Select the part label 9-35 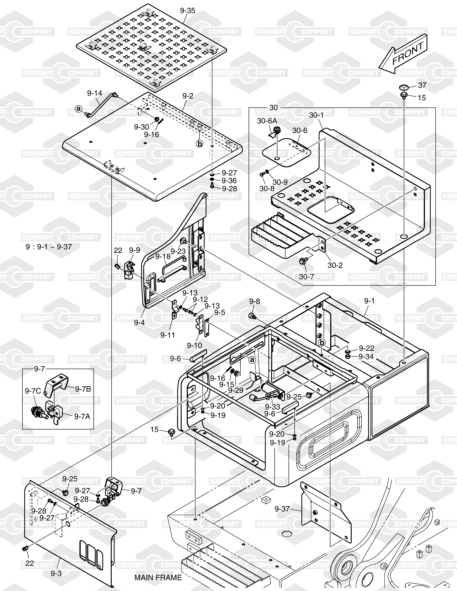pos(187,11)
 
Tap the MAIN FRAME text pos(158,577)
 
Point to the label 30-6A pos(267,121)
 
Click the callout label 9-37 pos(282,509)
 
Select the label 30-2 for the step pos(335,265)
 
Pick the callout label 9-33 pos(272,407)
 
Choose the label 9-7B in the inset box pos(83,389)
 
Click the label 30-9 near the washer pos(280,182)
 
